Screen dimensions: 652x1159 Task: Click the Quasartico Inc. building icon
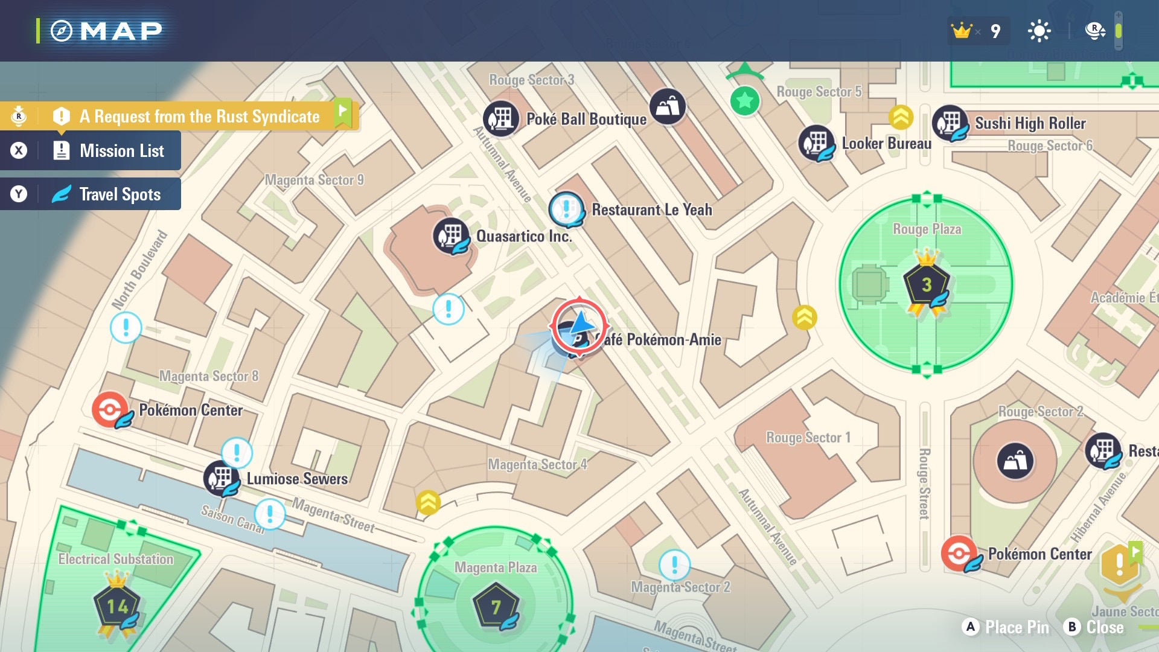click(x=451, y=235)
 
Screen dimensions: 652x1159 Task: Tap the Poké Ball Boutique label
click(x=586, y=120)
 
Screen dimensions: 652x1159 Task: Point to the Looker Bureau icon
click(x=816, y=143)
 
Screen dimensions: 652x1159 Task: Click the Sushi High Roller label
click(x=1030, y=123)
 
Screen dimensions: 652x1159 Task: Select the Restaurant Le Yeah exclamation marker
click(x=566, y=209)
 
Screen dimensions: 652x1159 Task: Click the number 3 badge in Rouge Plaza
click(x=926, y=284)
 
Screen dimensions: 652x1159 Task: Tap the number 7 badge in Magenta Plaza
click(x=496, y=606)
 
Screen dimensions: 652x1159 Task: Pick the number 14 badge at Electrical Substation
click(x=117, y=606)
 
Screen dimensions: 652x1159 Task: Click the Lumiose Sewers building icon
click(x=222, y=478)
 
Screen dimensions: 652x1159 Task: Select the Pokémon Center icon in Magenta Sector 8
click(x=110, y=409)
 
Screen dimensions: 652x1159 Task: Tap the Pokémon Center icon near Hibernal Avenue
click(x=959, y=553)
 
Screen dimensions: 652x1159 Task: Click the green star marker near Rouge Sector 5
click(x=745, y=100)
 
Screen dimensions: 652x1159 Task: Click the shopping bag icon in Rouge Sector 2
click(x=1015, y=461)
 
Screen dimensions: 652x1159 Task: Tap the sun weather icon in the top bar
click(x=1039, y=31)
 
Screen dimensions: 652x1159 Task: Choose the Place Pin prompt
click(x=1006, y=627)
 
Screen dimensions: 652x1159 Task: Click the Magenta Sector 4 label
click(x=537, y=464)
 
